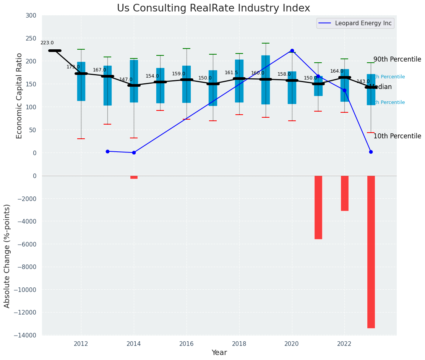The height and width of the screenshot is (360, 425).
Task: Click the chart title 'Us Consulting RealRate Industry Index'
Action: pyautogui.click(x=213, y=8)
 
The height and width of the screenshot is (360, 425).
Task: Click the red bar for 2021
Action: pyautogui.click(x=318, y=207)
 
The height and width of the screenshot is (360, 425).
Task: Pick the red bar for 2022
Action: pyautogui.click(x=344, y=193)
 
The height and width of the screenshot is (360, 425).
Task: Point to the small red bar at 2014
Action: pyautogui.click(x=134, y=177)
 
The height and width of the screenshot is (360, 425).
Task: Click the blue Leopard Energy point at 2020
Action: pyautogui.click(x=292, y=50)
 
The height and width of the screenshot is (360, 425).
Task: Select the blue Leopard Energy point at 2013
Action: pyautogui.click(x=107, y=151)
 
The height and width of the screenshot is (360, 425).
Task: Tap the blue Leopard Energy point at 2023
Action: pyautogui.click(x=371, y=152)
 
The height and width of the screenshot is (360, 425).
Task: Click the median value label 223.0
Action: pyautogui.click(x=47, y=43)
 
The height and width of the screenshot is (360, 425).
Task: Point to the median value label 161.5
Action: pyautogui.click(x=231, y=73)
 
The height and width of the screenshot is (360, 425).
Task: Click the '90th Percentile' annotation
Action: pyautogui.click(x=397, y=60)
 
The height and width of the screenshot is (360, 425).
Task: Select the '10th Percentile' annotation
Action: pyautogui.click(x=397, y=136)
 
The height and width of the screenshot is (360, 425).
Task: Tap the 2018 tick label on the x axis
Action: pyautogui.click(x=240, y=344)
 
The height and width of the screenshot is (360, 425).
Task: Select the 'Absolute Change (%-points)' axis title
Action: pyautogui.click(x=7, y=256)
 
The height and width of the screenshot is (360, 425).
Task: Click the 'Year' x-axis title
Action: pyautogui.click(x=219, y=353)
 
